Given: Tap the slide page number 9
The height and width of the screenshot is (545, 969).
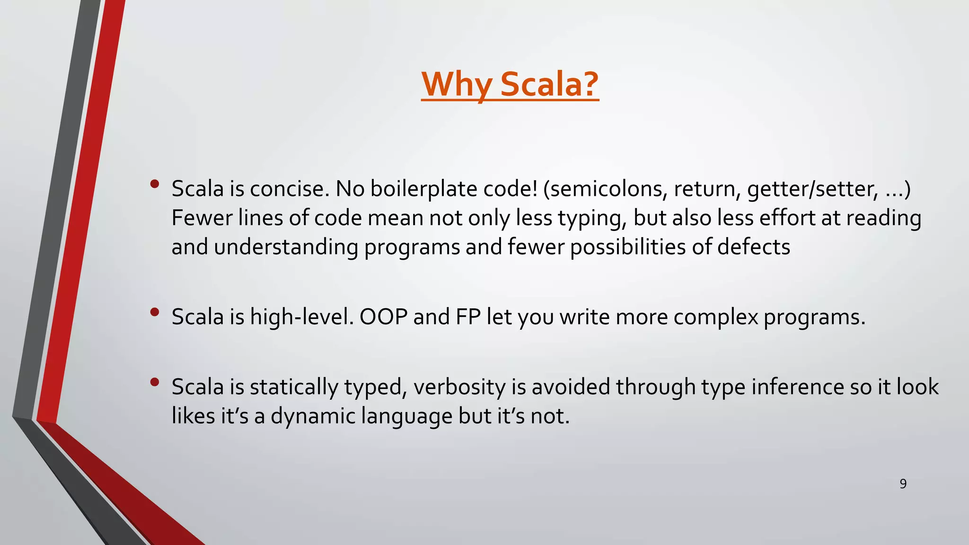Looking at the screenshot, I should coord(903,484).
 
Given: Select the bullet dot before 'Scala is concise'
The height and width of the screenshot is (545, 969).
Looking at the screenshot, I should coord(154,185).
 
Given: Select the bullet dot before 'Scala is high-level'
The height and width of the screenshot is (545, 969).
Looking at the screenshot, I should coord(154,312).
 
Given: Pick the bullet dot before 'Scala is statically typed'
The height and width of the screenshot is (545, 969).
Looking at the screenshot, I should coord(154,382).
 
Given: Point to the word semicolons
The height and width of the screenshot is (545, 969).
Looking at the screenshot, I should coord(608,189).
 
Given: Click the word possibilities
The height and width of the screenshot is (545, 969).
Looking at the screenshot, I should coord(627,247).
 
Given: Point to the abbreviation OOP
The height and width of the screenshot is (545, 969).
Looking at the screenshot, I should coord(383,316).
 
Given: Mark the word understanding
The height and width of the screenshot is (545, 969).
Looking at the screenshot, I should coord(286,247).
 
